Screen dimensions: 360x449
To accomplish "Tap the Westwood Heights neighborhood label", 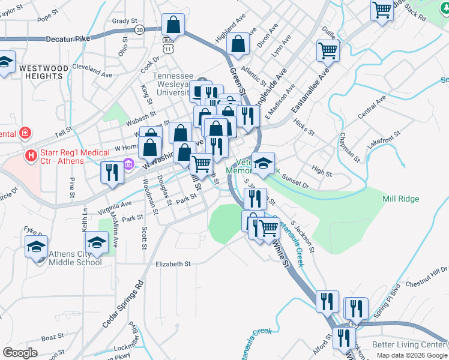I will pos(43,73).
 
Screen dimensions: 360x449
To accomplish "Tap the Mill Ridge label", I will pos(400,199).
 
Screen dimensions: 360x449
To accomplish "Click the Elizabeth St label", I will pos(172,263).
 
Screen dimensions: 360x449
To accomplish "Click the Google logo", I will pos(20,353).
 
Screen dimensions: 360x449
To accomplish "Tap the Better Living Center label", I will pos(408,345).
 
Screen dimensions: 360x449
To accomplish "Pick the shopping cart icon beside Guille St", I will pos(328,50).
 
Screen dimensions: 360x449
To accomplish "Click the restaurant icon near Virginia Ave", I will pos(112,172).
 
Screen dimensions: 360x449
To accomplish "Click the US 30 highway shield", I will pos(140,29).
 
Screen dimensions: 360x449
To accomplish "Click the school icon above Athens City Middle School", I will pos(96,243).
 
